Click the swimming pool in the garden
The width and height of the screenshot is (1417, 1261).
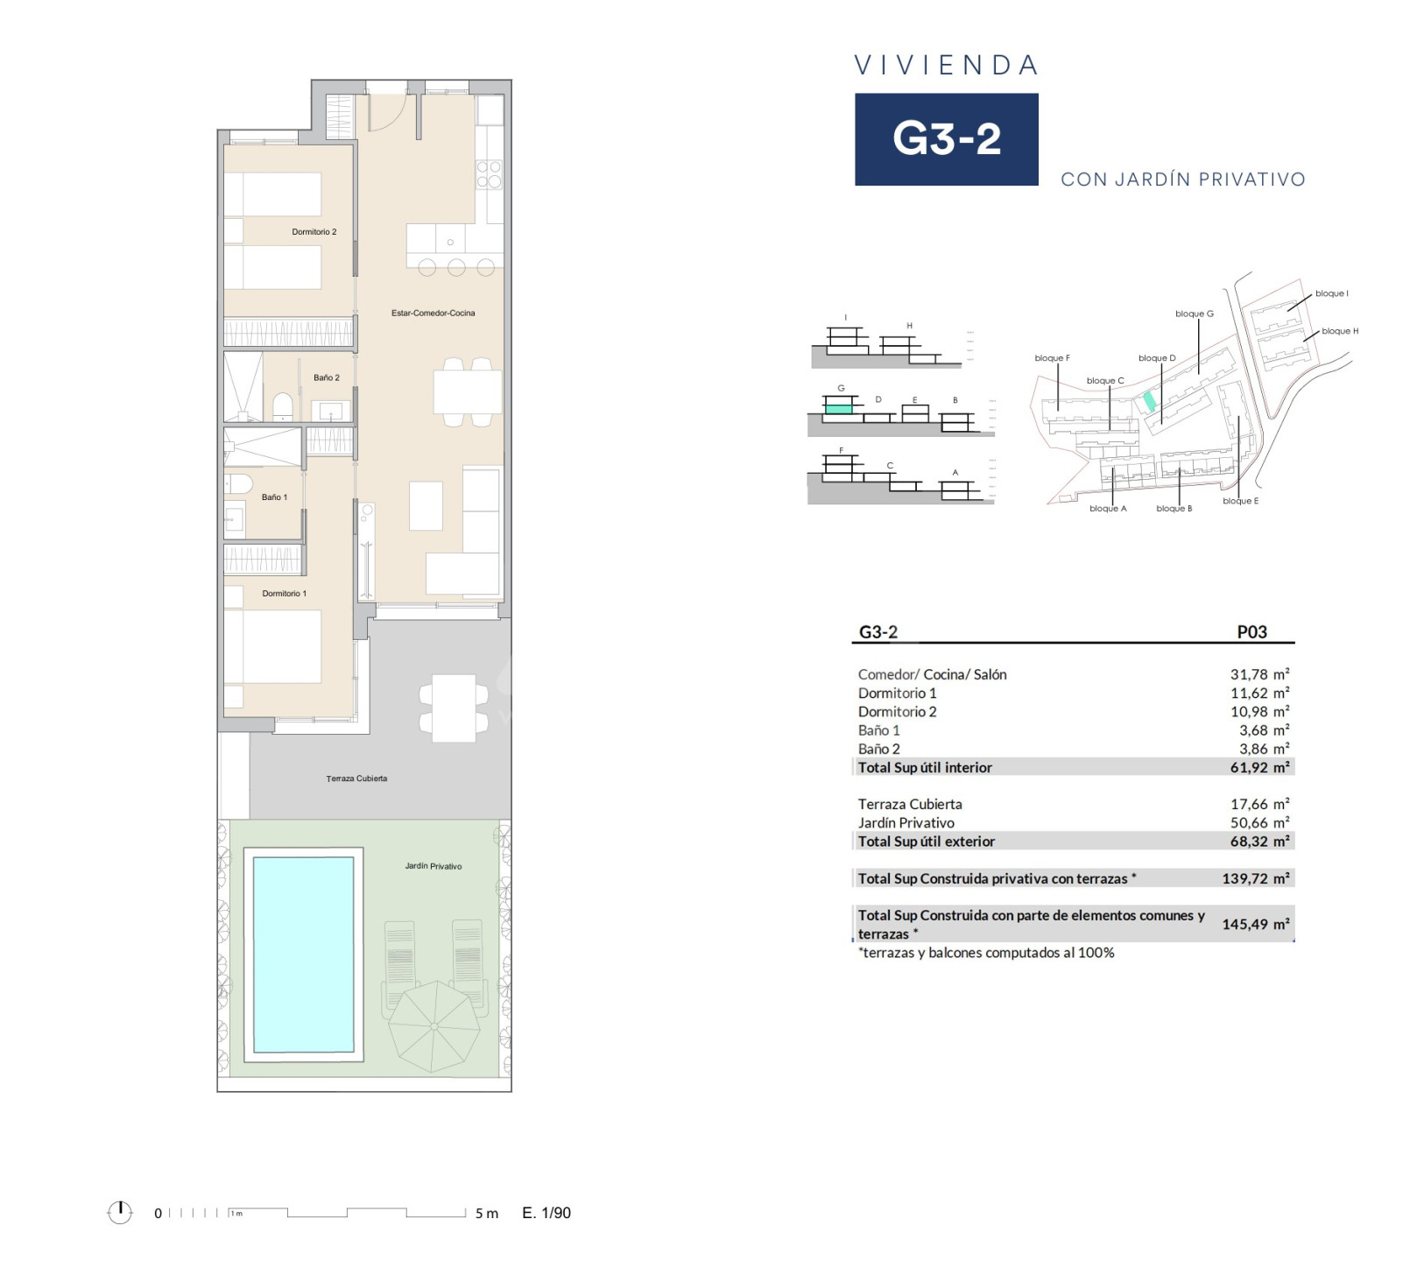[303, 955]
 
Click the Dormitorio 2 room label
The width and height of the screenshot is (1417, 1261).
[314, 232]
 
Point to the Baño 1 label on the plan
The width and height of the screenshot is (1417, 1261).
[274, 497]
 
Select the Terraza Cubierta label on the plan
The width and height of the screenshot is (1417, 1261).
[356, 778]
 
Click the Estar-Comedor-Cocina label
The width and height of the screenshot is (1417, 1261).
[433, 313]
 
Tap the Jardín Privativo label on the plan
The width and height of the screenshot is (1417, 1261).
[433, 866]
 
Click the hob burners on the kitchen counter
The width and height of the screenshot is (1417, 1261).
[489, 174]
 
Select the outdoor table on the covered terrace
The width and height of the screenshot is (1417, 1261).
[454, 708]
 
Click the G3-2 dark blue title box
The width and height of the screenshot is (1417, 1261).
[947, 139]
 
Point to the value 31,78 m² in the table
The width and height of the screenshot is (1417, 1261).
[1259, 674]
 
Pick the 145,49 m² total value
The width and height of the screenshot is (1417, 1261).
[1256, 924]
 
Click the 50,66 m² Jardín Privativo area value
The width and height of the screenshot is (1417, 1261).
[1259, 822]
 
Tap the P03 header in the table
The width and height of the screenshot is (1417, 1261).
[1251, 631]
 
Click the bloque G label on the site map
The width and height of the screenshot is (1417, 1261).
[1195, 313]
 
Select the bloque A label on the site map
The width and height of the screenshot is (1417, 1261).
[1108, 509]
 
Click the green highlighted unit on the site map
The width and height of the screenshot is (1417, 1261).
[1149, 401]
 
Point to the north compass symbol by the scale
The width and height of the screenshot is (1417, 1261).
[119, 1212]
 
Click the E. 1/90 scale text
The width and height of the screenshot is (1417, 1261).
[546, 1213]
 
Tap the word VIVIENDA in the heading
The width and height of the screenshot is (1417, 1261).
[947, 65]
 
